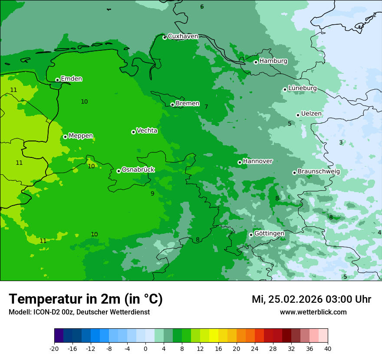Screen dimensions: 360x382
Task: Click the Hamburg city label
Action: tap(273, 61)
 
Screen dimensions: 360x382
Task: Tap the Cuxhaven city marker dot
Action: tap(165, 37)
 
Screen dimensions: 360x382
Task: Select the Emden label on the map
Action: tap(71, 79)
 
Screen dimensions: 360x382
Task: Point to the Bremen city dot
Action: tap(172, 105)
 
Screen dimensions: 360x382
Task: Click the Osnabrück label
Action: tap(138, 170)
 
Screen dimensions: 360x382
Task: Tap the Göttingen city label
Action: tap(269, 234)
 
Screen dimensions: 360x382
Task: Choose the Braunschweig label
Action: tap(319, 172)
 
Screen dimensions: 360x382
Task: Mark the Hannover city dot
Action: tap(240, 162)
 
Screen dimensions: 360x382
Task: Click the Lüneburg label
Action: tap(302, 88)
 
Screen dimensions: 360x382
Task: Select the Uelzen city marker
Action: tap(298, 115)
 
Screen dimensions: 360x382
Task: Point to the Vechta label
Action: tap(147, 131)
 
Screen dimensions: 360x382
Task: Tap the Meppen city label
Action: tap(81, 136)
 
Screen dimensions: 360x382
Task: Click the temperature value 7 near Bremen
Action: tap(206, 107)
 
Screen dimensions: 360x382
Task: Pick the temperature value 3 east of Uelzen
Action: tap(341, 142)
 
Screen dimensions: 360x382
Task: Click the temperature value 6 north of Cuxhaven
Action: tap(202, 7)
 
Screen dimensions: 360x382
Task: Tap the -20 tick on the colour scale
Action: tap(54, 348)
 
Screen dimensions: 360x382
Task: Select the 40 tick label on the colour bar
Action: tap(327, 348)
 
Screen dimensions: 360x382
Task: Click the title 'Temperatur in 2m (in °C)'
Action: tap(86, 299)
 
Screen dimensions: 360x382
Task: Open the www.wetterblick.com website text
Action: tap(313, 312)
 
